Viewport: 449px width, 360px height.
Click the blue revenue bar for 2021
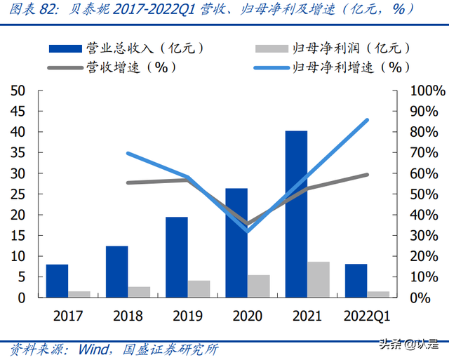[x=296, y=214]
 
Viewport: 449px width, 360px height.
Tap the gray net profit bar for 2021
[x=319, y=279]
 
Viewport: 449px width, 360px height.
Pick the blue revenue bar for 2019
[x=177, y=257]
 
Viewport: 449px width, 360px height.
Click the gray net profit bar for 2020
[x=259, y=286]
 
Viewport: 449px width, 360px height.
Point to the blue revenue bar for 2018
[x=116, y=272]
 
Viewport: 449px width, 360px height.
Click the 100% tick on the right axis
[x=427, y=91]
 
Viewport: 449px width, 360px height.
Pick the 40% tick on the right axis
[x=424, y=215]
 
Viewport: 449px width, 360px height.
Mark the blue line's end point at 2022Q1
[x=367, y=120]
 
